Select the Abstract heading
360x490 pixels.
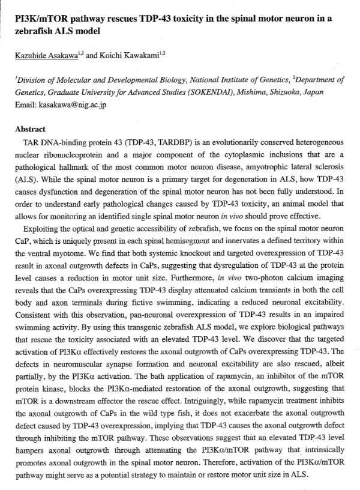click(30, 129)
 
